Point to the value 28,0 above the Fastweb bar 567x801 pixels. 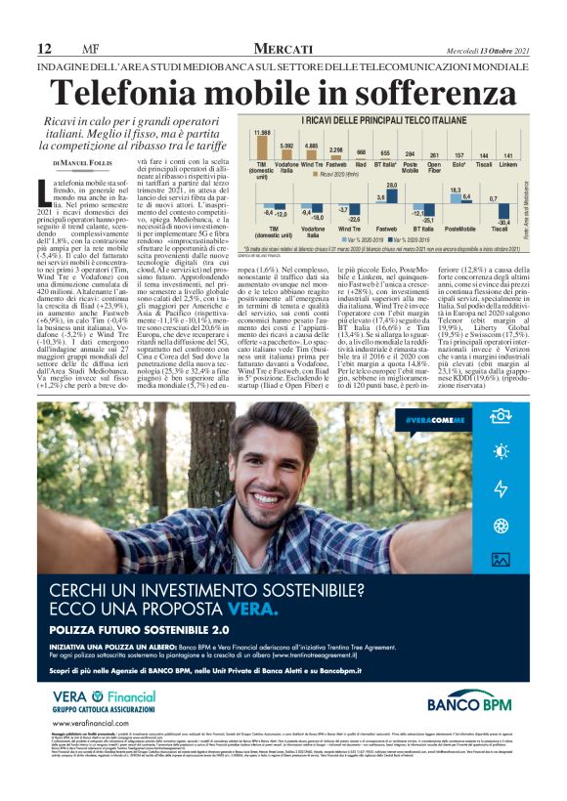(393, 184)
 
